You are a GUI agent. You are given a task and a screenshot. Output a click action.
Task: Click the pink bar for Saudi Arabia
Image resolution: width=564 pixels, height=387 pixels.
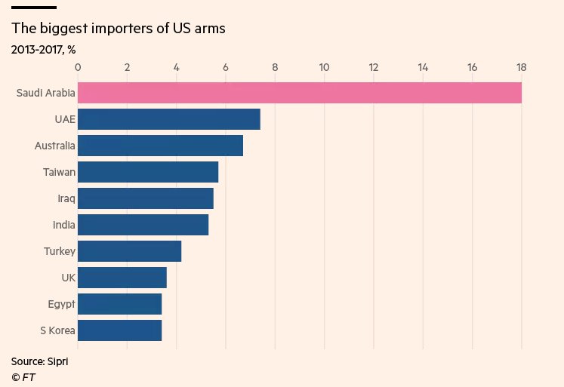[x=300, y=93]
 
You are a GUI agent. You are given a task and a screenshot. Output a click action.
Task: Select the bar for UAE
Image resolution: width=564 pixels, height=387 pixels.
[x=169, y=119]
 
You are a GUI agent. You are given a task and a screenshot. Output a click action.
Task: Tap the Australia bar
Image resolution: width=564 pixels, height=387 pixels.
[x=160, y=146]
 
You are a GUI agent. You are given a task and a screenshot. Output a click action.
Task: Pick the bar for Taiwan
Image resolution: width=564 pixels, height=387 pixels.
[x=148, y=172]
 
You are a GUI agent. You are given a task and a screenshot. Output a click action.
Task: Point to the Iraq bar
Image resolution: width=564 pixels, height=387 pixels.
[x=146, y=198]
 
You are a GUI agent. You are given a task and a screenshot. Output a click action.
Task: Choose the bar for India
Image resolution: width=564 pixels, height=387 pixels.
[x=143, y=225]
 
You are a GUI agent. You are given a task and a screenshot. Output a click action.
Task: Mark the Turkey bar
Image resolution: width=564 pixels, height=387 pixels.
[x=129, y=251]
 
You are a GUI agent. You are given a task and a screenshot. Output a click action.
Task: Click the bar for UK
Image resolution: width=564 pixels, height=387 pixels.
[x=122, y=278]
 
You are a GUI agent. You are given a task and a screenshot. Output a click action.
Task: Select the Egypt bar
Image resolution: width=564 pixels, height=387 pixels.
[x=119, y=304]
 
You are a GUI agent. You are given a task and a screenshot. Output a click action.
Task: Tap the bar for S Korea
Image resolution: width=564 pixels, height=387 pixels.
[x=119, y=330]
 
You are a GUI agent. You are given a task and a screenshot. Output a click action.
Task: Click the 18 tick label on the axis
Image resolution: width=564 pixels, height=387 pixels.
[x=521, y=68]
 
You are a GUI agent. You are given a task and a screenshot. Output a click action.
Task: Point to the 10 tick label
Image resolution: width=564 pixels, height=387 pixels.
[x=324, y=68]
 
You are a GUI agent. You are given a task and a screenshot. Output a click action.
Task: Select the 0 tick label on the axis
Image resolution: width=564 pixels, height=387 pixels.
[x=78, y=68]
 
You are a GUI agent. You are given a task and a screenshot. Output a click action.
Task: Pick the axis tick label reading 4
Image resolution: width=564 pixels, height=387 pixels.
[x=177, y=68]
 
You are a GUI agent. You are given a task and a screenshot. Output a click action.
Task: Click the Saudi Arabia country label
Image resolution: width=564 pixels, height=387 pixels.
[x=45, y=93]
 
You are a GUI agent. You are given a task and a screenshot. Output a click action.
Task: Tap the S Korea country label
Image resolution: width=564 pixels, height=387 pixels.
[x=56, y=330]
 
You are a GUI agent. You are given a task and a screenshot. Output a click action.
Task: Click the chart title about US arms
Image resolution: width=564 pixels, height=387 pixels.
[x=119, y=29]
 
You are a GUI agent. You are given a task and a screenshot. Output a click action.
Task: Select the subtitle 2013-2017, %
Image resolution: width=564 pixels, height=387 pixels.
[x=43, y=50]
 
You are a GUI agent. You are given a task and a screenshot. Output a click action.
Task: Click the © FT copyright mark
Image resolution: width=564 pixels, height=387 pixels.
[x=23, y=376]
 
